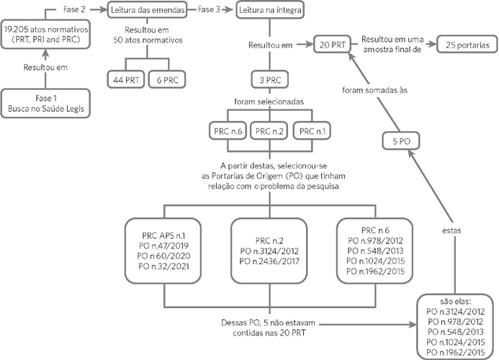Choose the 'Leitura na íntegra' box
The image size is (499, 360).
(270, 10)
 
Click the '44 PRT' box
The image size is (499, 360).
(127, 79)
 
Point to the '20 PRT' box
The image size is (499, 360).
(332, 45)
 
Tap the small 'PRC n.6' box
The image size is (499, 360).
(225, 131)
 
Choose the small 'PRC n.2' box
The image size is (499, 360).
(269, 131)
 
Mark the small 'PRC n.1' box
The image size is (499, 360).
(313, 131)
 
